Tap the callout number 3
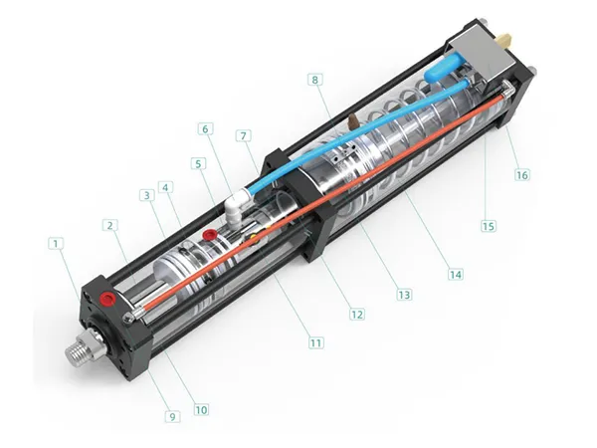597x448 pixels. pyautogui.click(x=146, y=196)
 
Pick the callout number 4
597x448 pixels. pyautogui.click(x=167, y=186)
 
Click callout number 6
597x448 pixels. pyautogui.click(x=206, y=128)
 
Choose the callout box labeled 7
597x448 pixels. pyautogui.click(x=243, y=135)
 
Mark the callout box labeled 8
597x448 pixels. pyautogui.click(x=315, y=80)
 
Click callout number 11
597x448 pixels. pyautogui.click(x=315, y=342)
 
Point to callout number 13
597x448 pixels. pyautogui.click(x=404, y=295)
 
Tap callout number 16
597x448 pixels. pyautogui.click(x=522, y=174)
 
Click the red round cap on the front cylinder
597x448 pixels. pyautogui.click(x=210, y=234)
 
